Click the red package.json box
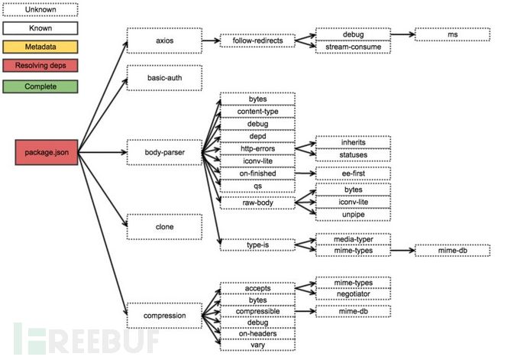point(46,153)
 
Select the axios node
point(164,41)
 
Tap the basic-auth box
point(164,78)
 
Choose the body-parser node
point(164,153)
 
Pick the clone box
point(164,227)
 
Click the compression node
point(164,315)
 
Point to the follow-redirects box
point(257,41)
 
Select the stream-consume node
point(353,47)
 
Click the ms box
point(452,34)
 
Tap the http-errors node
point(257,148)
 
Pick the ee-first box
point(353,174)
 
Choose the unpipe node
point(353,215)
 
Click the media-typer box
point(353,238)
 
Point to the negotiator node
point(353,294)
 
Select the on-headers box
point(257,334)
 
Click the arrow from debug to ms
point(403,34)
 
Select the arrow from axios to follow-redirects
point(211,41)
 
